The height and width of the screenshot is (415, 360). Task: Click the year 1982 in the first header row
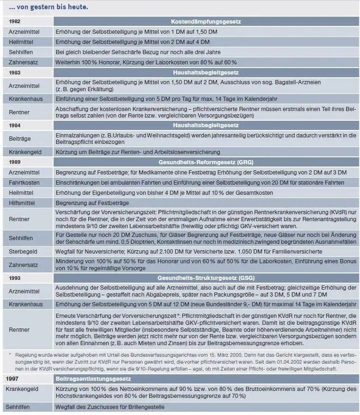[15, 22]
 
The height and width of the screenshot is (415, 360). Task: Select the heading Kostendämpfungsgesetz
[206, 22]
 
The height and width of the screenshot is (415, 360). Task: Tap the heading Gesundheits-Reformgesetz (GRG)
[206, 162]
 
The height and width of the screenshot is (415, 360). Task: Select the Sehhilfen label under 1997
[19, 407]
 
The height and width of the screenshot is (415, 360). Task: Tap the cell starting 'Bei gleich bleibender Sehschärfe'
[138, 52]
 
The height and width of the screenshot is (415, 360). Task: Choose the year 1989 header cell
[15, 162]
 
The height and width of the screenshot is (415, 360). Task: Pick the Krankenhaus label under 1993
[25, 305]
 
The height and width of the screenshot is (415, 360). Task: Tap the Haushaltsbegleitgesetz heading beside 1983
[206, 73]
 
